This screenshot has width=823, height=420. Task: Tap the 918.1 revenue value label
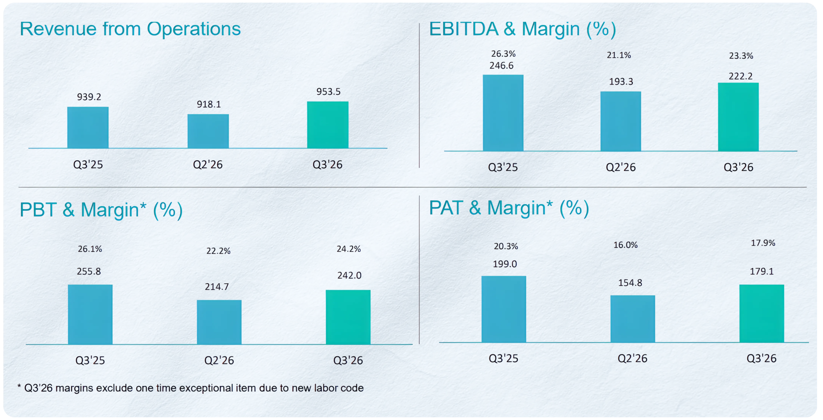click(x=209, y=104)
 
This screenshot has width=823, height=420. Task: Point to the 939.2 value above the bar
click(x=89, y=97)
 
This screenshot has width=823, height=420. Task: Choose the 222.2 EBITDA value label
click(x=740, y=76)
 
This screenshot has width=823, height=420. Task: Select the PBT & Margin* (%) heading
click(x=101, y=210)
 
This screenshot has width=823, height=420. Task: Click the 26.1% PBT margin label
click(x=90, y=249)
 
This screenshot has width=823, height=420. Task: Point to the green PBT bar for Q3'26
click(x=348, y=317)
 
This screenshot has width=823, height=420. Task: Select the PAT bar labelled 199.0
click(x=504, y=309)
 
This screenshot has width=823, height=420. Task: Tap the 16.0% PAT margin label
click(x=625, y=245)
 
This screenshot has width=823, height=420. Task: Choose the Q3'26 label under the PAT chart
click(x=761, y=358)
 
